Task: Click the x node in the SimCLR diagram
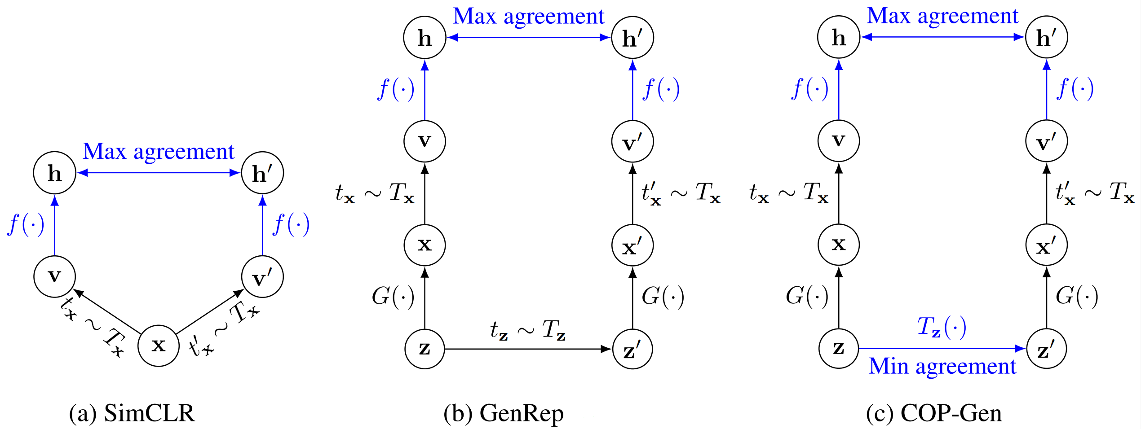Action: [x=159, y=346]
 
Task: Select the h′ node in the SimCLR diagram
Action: [x=262, y=173]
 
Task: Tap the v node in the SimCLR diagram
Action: [x=54, y=276]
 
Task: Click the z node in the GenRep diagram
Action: [x=425, y=349]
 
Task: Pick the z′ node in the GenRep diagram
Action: [x=632, y=349]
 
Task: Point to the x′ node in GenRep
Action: [x=632, y=245]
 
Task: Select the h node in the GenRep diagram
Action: [x=425, y=38]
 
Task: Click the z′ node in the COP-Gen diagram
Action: [x=1047, y=349]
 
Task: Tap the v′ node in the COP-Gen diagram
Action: [x=1047, y=141]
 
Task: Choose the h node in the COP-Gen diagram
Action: [x=839, y=37]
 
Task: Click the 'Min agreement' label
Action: [x=942, y=366]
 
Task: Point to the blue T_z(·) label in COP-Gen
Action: [x=942, y=327]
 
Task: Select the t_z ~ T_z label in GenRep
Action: [x=528, y=330]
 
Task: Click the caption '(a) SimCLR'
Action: [x=132, y=413]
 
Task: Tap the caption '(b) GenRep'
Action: [x=503, y=413]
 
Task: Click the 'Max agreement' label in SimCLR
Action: [x=159, y=152]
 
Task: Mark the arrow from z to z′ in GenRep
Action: [x=528, y=349]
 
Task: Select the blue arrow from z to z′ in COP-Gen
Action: [x=942, y=348]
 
